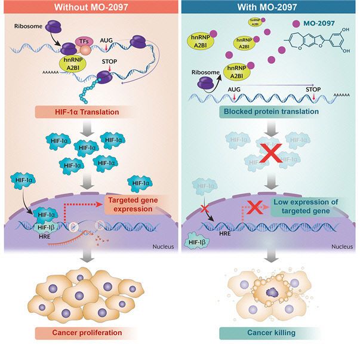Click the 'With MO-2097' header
coord(269,8)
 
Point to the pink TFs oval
coord(83,39)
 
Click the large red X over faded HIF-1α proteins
coord(270,155)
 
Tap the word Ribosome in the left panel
coord(27,27)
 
